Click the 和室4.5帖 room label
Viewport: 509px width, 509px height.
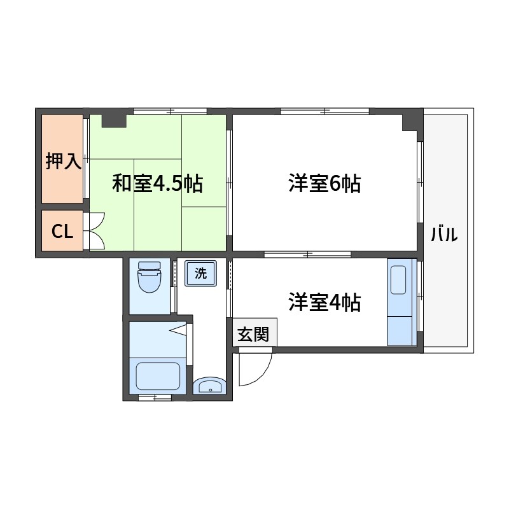(x=157, y=183)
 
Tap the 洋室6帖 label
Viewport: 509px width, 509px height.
(x=324, y=184)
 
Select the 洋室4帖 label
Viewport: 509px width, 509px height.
(x=324, y=302)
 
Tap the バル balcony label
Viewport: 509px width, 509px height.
(x=444, y=234)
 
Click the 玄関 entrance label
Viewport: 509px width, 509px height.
(x=253, y=334)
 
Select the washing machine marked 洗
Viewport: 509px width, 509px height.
(x=200, y=274)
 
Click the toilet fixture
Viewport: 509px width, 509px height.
(x=150, y=277)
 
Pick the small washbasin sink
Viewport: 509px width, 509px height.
(x=209, y=386)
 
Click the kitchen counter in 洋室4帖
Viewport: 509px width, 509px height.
(x=400, y=302)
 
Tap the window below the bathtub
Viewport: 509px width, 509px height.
(x=155, y=398)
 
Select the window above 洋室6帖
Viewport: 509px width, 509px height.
(x=324, y=111)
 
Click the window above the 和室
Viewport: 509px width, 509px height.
(x=170, y=111)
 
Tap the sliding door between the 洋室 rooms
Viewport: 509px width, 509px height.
(x=307, y=254)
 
